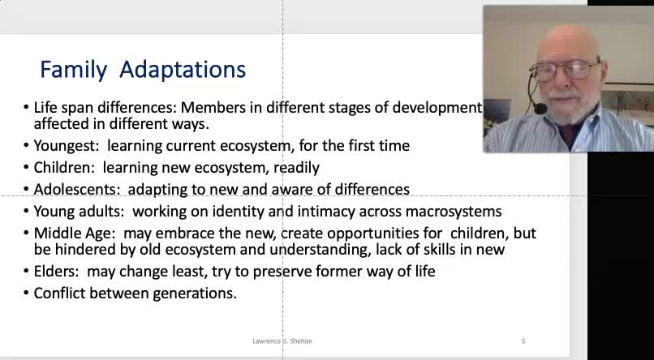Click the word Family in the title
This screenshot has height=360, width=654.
pyautogui.click(x=73, y=70)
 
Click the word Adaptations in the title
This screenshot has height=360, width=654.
pyautogui.click(x=183, y=70)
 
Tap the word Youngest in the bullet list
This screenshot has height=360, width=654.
pyautogui.click(x=66, y=146)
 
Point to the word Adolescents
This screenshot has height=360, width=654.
pyautogui.click(x=77, y=189)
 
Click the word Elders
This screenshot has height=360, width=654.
pyautogui.click(x=56, y=272)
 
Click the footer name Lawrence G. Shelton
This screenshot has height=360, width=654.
pyautogui.click(x=282, y=341)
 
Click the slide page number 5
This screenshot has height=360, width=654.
pyautogui.click(x=523, y=341)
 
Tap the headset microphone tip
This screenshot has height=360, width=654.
pyautogui.click(x=540, y=109)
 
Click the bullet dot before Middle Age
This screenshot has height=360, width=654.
pyautogui.click(x=26, y=233)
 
